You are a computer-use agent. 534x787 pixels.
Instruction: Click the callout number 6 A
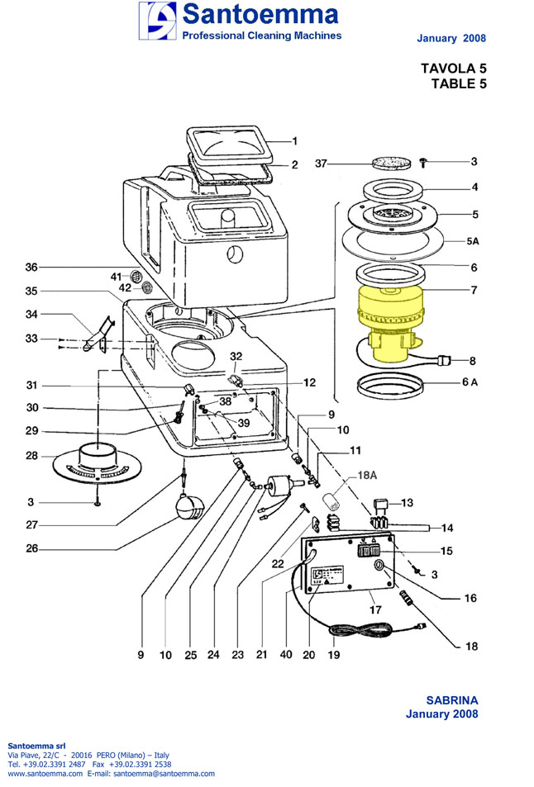[x=469, y=382]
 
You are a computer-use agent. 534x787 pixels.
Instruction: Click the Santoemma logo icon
[x=157, y=21]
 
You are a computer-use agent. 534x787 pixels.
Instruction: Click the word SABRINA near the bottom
[x=451, y=700]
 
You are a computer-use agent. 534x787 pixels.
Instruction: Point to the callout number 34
[x=31, y=314]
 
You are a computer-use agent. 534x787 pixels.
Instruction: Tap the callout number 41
[x=116, y=276]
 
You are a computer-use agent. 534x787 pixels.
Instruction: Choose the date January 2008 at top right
[x=451, y=38]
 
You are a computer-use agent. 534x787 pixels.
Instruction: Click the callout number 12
[x=309, y=382]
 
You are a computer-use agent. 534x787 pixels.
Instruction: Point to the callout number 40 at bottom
[x=286, y=655]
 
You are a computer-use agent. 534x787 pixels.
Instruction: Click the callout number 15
[x=470, y=551]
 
